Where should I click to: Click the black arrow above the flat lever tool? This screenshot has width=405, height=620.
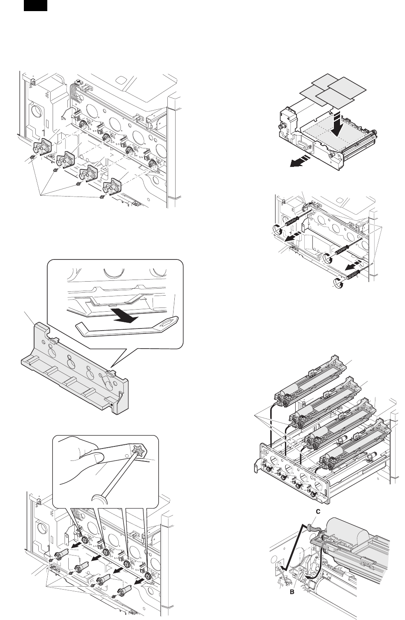tap(123, 319)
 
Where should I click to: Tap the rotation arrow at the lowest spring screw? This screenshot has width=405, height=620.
tap(338, 282)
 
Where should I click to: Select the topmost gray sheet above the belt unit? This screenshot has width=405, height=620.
tap(319, 84)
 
